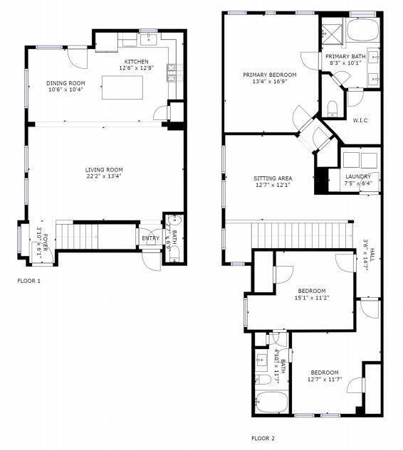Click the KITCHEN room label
click(x=136, y=63)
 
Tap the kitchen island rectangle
click(x=123, y=90)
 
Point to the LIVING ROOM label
click(x=104, y=170)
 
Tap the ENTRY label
click(x=150, y=238)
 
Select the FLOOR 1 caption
click(x=28, y=281)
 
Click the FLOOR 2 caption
click(x=263, y=439)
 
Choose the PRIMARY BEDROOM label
click(x=269, y=75)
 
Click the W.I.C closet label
click(x=360, y=119)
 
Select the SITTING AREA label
click(x=273, y=178)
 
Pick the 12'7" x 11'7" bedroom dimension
click(x=323, y=380)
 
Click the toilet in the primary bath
click(x=331, y=107)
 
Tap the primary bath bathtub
click(x=363, y=31)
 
